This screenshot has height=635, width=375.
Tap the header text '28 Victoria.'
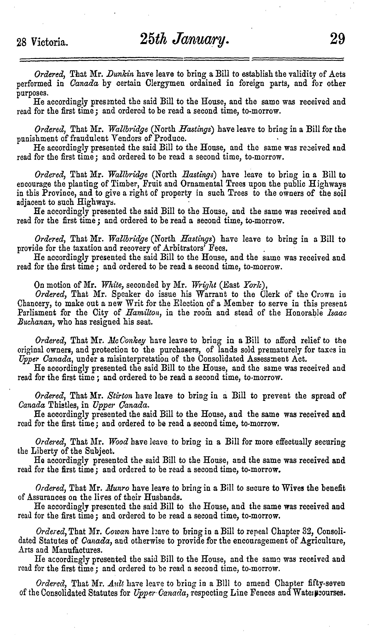[42, 42]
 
